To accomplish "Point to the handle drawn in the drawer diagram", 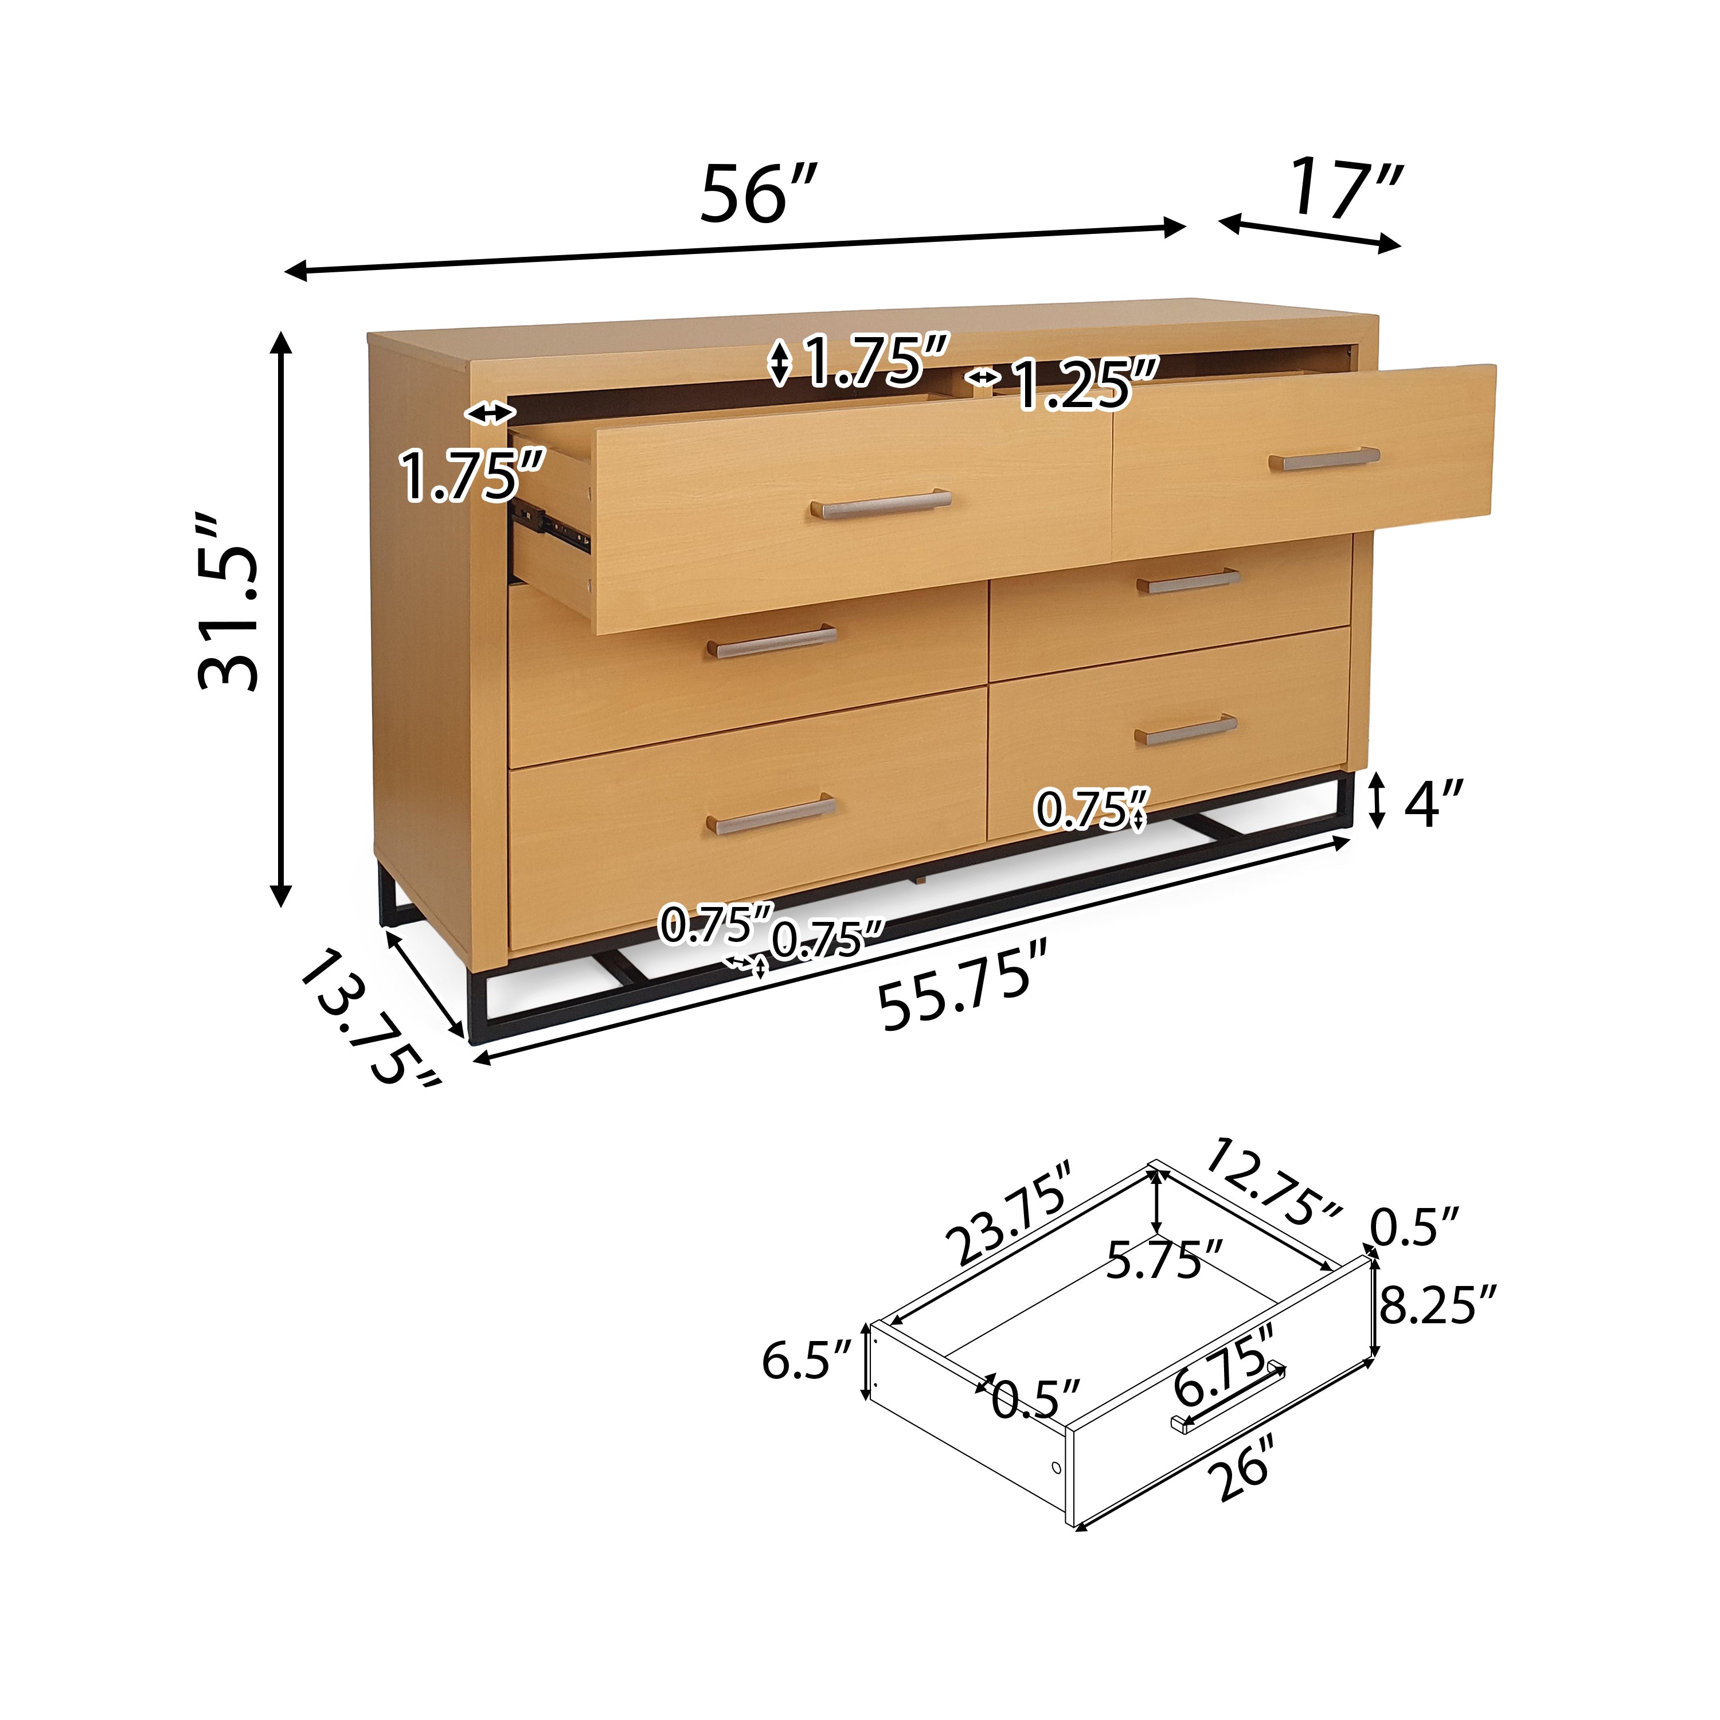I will (1229, 1398).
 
